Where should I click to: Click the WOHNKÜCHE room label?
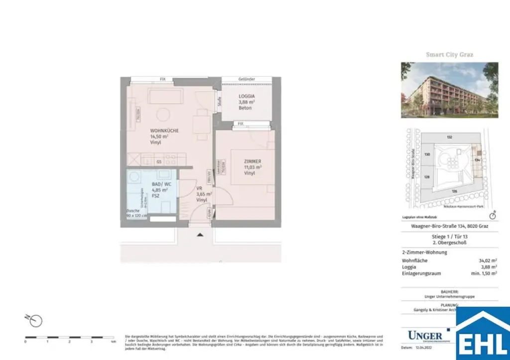(x=164, y=130)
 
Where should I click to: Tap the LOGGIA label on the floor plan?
(x=247, y=96)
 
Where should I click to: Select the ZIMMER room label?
(x=253, y=161)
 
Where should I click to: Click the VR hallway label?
(x=199, y=188)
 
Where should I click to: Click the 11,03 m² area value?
(x=253, y=167)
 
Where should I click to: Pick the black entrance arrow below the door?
(x=200, y=234)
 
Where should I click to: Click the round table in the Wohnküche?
(x=163, y=116)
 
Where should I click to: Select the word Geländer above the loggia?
(x=247, y=79)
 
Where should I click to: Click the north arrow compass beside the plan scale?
(x=36, y=320)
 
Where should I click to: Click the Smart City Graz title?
(x=449, y=54)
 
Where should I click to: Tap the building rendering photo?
(x=449, y=90)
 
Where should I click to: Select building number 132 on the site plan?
(x=449, y=136)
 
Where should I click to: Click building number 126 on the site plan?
(x=454, y=191)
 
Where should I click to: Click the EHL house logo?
(x=483, y=334)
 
